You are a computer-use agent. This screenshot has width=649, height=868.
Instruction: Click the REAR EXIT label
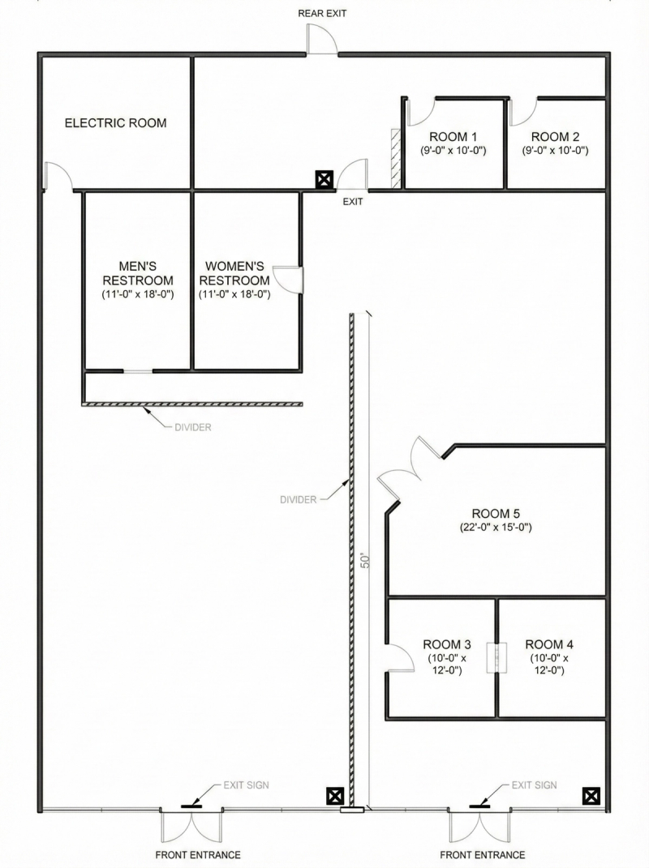pyautogui.click(x=322, y=13)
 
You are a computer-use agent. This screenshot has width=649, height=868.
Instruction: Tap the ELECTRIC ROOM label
pyautogui.click(x=116, y=123)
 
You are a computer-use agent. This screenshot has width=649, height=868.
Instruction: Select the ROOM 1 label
pyautogui.click(x=453, y=137)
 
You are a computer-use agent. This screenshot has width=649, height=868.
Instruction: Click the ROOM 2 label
pyautogui.click(x=556, y=137)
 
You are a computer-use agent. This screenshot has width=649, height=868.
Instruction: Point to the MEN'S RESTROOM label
pyautogui.click(x=138, y=273)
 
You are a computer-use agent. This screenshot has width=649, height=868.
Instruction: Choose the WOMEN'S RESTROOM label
pyautogui.click(x=234, y=273)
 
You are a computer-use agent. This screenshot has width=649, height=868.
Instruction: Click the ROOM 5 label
pyautogui.click(x=496, y=514)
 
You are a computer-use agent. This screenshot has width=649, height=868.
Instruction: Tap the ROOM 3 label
pyautogui.click(x=447, y=644)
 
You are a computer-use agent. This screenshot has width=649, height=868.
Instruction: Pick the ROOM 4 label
pyautogui.click(x=549, y=644)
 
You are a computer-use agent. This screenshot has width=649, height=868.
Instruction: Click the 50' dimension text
pyautogui.click(x=365, y=560)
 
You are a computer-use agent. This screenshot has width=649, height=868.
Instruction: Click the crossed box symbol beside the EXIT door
pyautogui.click(x=324, y=179)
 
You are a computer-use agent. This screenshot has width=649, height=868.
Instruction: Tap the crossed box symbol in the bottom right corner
pyautogui.click(x=591, y=796)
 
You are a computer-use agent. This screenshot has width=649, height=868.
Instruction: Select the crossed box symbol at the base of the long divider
pyautogui.click(x=335, y=796)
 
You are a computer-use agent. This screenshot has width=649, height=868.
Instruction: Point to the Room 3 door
pyautogui.click(x=400, y=659)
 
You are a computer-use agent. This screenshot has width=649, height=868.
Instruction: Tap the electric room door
pyautogui.click(x=58, y=176)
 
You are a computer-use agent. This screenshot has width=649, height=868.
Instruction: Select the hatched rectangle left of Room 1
pyautogui.click(x=396, y=158)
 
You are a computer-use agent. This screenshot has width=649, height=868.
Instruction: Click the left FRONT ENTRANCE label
pyautogui.click(x=198, y=855)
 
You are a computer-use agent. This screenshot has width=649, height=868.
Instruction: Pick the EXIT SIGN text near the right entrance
pyautogui.click(x=535, y=785)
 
